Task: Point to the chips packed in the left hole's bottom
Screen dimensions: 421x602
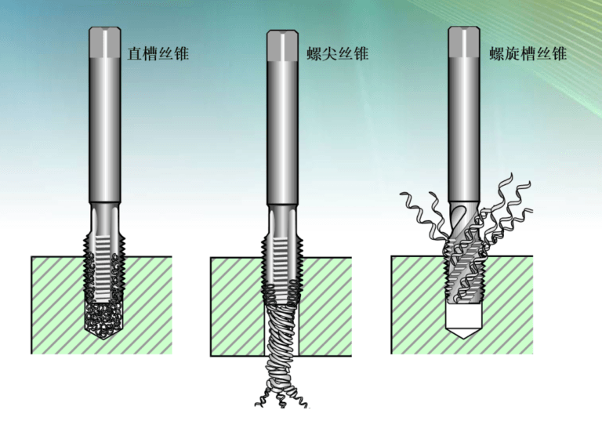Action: point(104,318)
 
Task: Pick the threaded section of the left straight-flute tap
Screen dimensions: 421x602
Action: point(104,259)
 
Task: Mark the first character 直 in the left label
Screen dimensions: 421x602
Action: point(135,54)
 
